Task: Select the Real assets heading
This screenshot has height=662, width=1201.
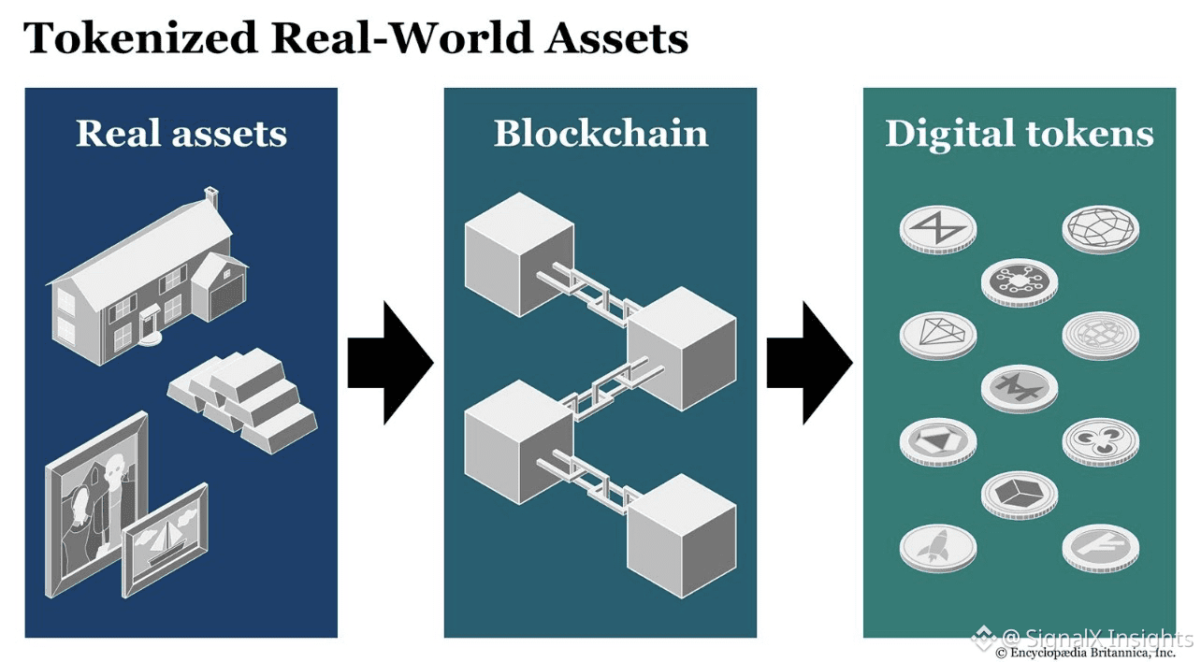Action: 181,134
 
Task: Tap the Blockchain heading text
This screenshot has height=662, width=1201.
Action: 600,134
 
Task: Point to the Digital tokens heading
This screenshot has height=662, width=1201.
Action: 1019,134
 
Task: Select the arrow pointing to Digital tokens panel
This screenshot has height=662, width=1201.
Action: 809,363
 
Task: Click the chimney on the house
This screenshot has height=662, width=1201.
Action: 212,198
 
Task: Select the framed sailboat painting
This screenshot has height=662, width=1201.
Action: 166,540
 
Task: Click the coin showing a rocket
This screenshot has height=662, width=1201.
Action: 938,548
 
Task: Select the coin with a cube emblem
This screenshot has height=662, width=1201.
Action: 1020,494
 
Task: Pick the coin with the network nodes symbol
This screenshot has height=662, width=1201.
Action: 1020,281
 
